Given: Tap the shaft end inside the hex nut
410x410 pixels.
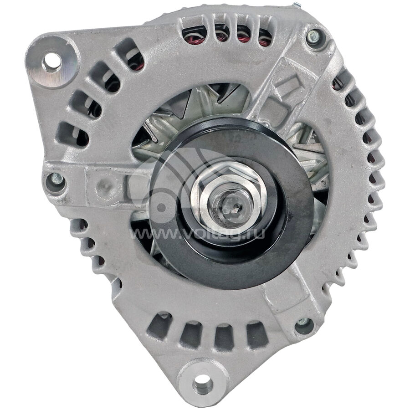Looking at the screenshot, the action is point(227,205).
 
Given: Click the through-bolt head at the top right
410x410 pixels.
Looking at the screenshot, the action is point(313,37).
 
